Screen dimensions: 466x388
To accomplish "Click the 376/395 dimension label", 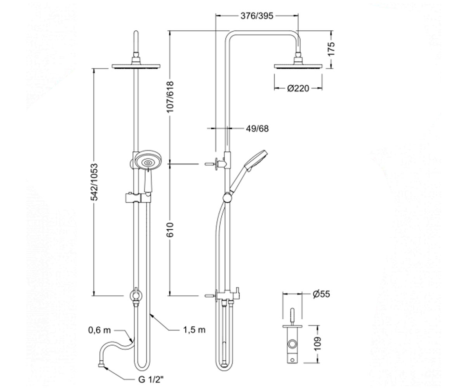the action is coord(257,16).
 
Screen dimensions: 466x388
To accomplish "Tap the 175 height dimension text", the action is coord(332,49).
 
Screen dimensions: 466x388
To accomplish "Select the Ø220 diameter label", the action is coord(298,88).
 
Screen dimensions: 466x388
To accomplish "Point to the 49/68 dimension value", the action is coord(257,129).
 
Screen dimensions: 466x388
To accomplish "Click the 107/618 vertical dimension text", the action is coord(170,97).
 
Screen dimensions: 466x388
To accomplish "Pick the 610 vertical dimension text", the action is coord(170,230).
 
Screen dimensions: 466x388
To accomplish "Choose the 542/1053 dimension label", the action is coord(95,182).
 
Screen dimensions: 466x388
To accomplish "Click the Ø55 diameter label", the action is coord(321,294).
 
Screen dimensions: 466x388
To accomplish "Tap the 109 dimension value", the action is coord(318,344).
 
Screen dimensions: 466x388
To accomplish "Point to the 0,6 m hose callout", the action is coord(99,330).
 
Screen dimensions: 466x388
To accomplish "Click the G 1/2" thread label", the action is coord(151,379).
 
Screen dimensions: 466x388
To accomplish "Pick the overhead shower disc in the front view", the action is coord(136,66).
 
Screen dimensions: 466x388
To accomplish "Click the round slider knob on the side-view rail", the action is coord(228,198).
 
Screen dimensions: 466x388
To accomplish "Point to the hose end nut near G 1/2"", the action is coord(101,365).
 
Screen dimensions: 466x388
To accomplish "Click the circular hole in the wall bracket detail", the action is coord(292,344).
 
